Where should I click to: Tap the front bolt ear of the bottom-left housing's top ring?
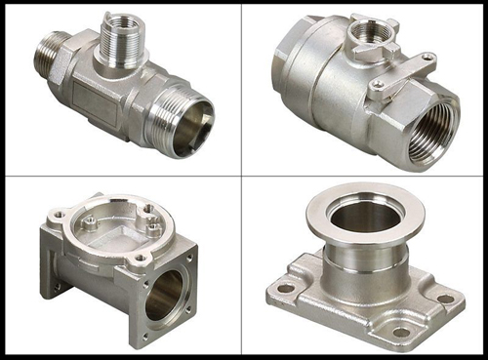pos(142,258)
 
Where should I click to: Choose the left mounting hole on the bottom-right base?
pos(284,289)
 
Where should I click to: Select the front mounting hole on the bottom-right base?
pos(400,333)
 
